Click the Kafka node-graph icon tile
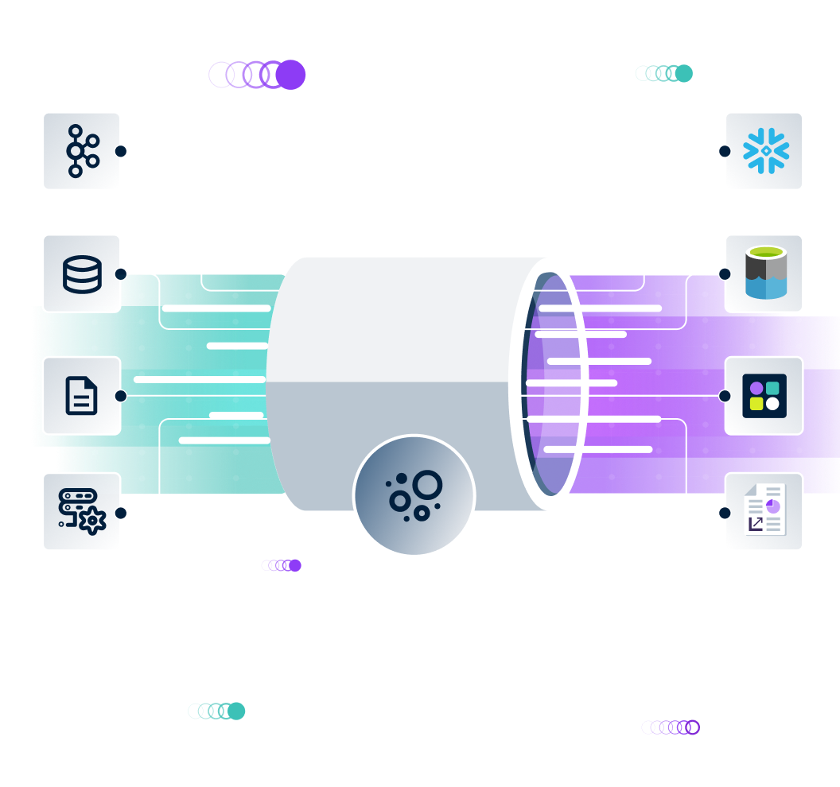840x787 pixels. (81, 151)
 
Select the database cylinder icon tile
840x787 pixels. (81, 273)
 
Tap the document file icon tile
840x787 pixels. (81, 396)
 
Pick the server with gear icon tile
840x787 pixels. (81, 512)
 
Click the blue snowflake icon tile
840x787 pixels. (764, 151)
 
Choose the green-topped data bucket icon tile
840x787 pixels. (764, 273)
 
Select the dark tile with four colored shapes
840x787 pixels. (764, 396)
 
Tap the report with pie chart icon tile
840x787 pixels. (764, 512)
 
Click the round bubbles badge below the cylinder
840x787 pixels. (414, 496)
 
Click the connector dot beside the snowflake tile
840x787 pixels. (725, 151)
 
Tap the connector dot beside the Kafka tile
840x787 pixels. (121, 151)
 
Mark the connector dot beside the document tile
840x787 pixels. (121, 396)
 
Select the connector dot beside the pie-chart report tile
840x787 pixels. (725, 513)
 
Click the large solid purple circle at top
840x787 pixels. (291, 75)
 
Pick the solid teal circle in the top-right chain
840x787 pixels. (683, 73)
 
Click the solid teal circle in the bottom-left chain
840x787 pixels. (236, 711)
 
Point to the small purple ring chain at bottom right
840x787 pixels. (671, 727)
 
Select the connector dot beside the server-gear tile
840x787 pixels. (121, 513)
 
